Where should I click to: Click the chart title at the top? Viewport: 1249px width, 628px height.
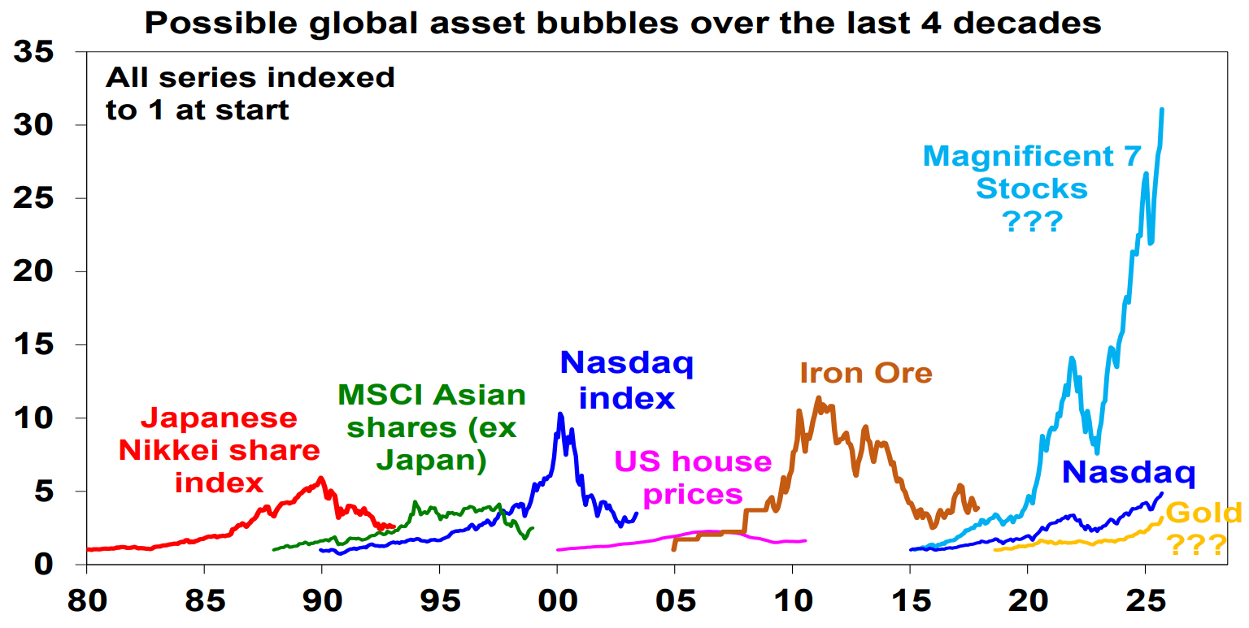tap(623, 22)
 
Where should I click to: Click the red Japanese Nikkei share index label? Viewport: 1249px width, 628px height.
tap(220, 450)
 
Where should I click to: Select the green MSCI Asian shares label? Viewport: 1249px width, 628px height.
tap(431, 427)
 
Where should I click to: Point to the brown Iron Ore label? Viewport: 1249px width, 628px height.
tap(865, 373)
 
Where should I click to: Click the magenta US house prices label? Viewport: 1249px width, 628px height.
tap(693, 477)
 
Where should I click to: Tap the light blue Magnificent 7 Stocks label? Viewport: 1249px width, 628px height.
tap(1032, 188)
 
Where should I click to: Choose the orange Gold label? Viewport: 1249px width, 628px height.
tap(1203, 513)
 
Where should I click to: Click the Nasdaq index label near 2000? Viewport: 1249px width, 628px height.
tap(626, 380)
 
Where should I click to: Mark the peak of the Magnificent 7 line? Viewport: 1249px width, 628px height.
tap(1161, 110)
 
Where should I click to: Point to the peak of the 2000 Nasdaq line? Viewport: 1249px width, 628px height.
tap(560, 414)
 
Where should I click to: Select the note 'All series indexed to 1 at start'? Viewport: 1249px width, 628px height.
tap(250, 93)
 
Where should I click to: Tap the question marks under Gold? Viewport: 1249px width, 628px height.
tap(1197, 545)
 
